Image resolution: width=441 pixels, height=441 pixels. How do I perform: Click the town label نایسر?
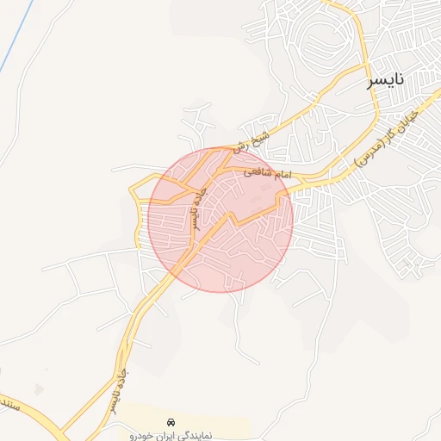[385, 82]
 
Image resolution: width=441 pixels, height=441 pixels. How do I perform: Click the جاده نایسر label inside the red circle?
[197, 210]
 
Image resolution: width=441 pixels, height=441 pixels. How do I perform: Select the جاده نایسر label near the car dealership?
[114, 393]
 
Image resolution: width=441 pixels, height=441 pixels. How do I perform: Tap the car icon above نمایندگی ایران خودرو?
[172, 423]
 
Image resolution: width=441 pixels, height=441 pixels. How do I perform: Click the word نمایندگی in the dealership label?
[223, 435]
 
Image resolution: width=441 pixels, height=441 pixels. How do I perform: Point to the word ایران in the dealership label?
[183, 435]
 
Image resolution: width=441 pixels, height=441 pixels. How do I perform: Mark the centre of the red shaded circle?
[220, 220]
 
